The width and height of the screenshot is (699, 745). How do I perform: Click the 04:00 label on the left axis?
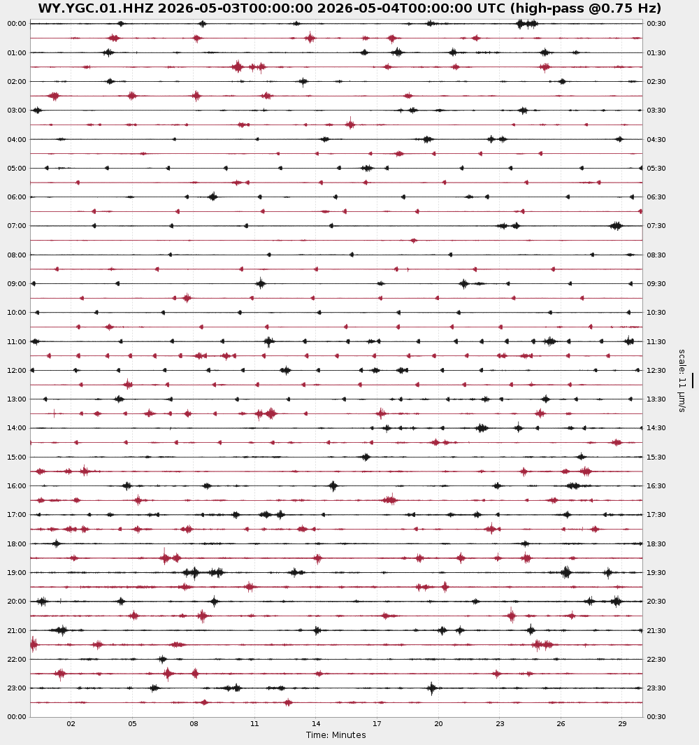click(17, 140)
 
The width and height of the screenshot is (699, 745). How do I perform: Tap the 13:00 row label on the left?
click(17, 399)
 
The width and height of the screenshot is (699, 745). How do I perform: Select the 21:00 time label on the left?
click(17, 631)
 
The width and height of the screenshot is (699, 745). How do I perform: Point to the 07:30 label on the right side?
click(656, 226)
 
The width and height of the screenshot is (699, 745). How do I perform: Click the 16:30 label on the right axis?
click(656, 486)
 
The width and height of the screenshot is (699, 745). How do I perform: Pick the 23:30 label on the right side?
click(656, 688)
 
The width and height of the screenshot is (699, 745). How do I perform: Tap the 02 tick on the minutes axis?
click(71, 724)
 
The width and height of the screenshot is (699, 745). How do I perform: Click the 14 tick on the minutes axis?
click(316, 724)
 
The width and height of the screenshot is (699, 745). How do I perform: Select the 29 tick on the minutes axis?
click(623, 724)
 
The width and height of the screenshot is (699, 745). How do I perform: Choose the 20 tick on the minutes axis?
click(438, 724)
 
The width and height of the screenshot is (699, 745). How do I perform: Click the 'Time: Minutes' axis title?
click(336, 735)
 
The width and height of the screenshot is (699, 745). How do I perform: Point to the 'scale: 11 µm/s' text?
click(682, 381)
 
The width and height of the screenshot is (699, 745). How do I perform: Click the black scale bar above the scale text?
click(692, 381)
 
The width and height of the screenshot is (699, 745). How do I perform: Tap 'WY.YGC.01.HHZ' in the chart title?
click(96, 8)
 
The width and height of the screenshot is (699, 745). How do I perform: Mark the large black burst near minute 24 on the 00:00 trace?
click(527, 24)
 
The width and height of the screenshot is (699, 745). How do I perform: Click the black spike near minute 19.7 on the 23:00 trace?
click(432, 688)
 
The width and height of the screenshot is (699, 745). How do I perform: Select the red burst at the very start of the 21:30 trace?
click(34, 645)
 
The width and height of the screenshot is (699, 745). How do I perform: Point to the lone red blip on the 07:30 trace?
click(414, 241)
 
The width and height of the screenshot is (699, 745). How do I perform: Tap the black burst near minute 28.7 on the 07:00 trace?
click(616, 226)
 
